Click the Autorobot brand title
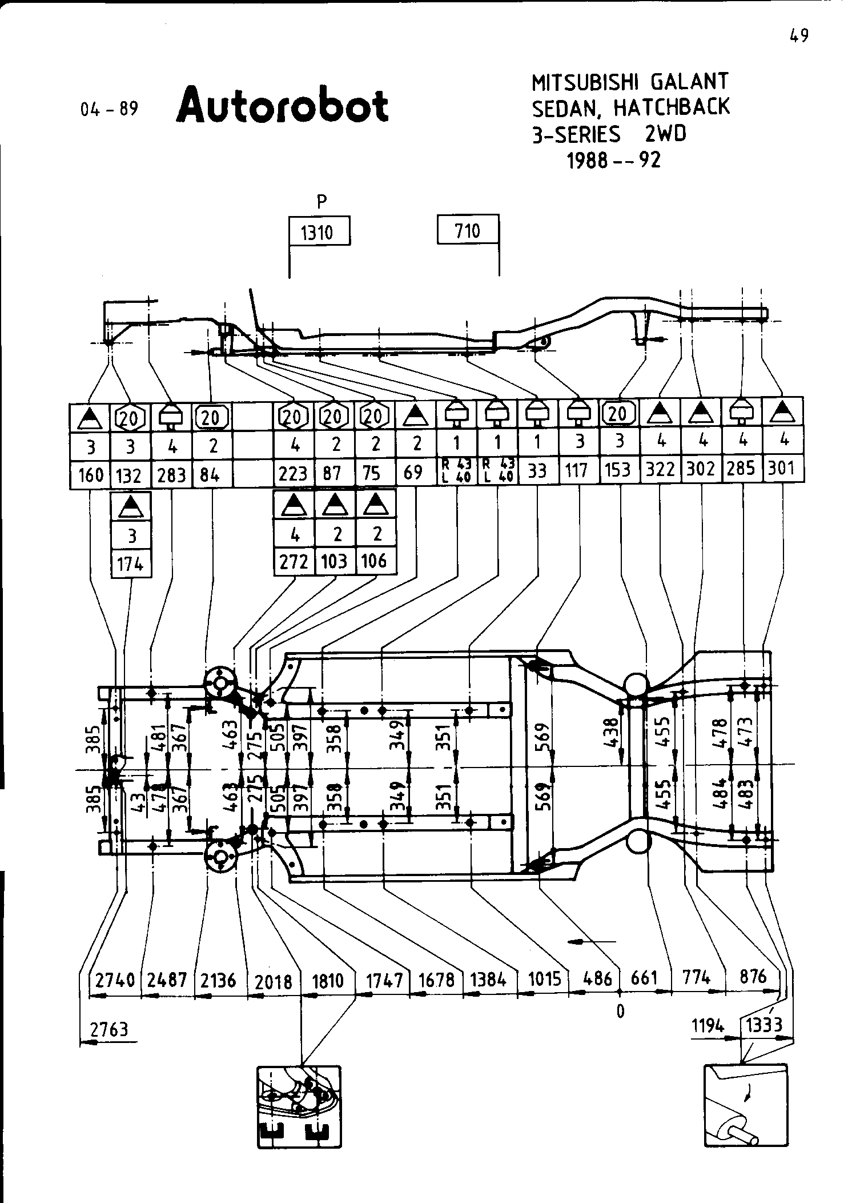tap(283, 105)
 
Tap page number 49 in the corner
tap(799, 37)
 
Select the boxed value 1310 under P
tap(319, 232)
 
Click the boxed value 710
tap(468, 231)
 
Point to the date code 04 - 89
tap(110, 109)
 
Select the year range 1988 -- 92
tap(613, 161)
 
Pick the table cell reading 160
tap(91, 474)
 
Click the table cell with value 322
tap(660, 470)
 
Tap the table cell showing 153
tap(618, 470)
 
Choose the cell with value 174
tap(130, 564)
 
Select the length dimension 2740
tap(115, 980)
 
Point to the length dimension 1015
tap(544, 979)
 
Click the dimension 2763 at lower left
tap(109, 1029)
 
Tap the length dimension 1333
tap(765, 1025)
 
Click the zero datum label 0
tap(621, 1012)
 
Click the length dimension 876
tap(753, 977)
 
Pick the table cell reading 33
tap(537, 471)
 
